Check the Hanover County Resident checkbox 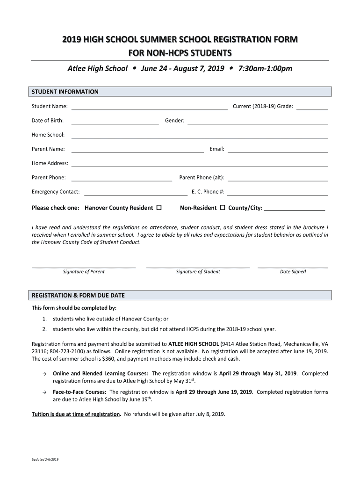(159, 207)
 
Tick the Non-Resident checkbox (223, 207)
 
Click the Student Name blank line (149, 107)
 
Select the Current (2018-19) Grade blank (312, 107)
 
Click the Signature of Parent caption (84, 272)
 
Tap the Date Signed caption (293, 272)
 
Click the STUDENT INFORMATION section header (65, 92)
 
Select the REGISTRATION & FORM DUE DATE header (78, 296)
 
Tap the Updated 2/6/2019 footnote (45, 459)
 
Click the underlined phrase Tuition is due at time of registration (76, 414)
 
